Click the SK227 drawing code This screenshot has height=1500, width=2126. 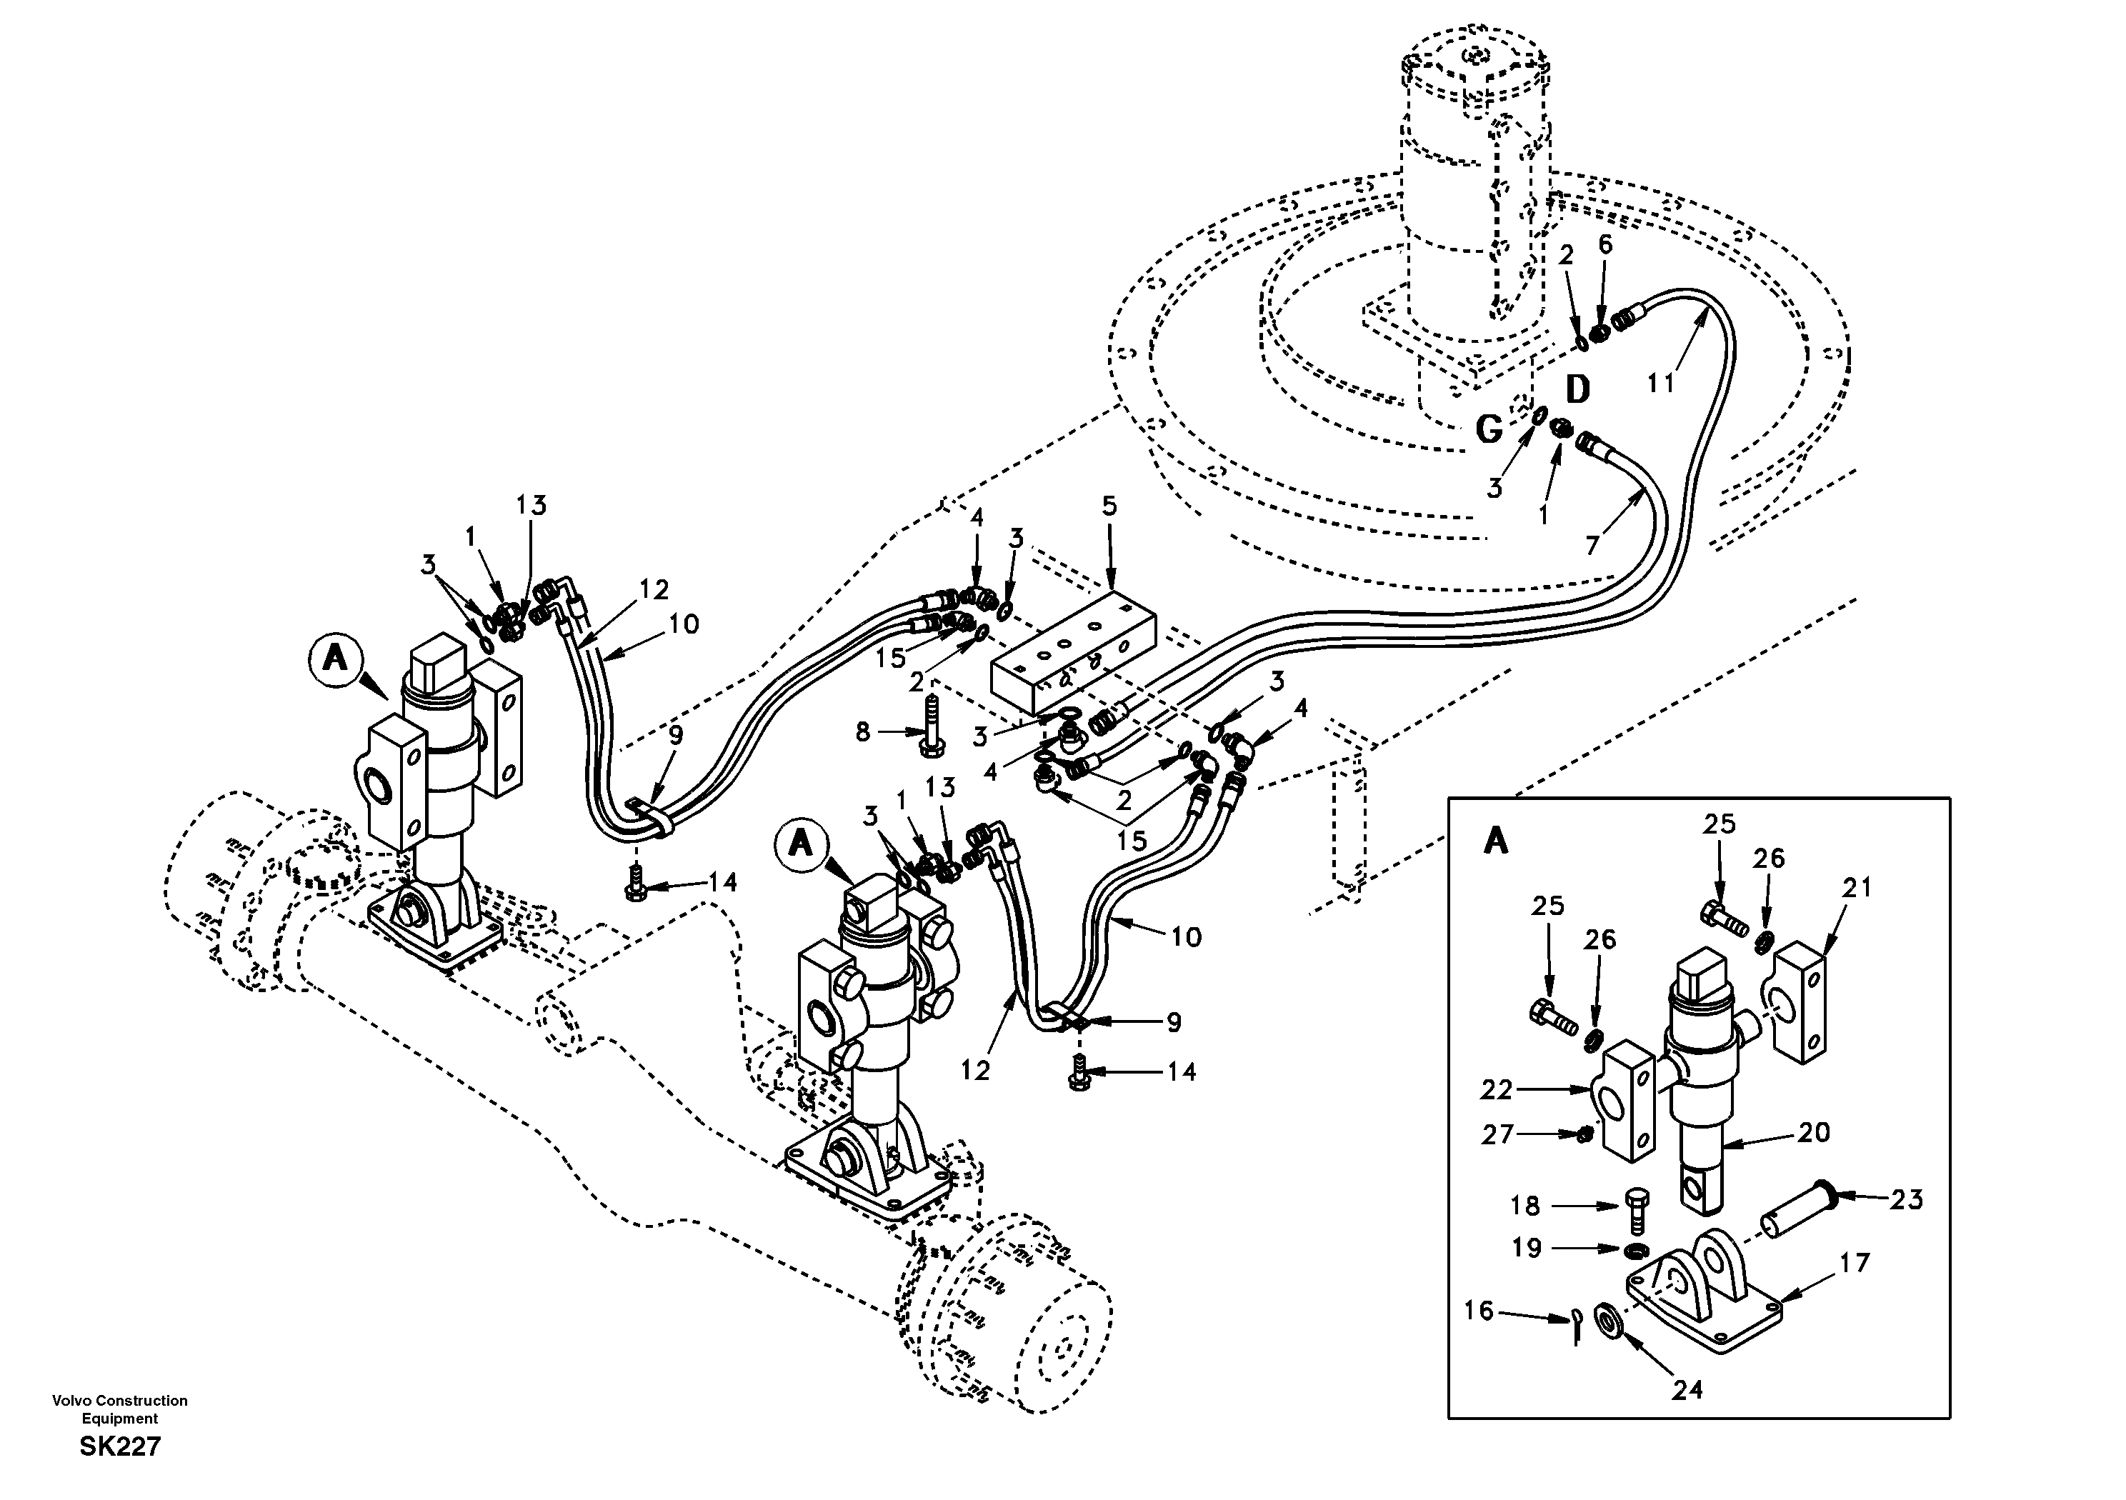coord(121,1446)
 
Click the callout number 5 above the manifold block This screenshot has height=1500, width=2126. coord(1109,506)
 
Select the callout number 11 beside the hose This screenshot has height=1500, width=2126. coord(1662,382)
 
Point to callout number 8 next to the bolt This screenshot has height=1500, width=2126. coord(863,732)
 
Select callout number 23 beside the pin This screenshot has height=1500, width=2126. coord(1907,1200)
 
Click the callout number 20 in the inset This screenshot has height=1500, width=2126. coord(1814,1132)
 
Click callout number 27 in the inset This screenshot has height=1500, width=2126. coord(1497,1134)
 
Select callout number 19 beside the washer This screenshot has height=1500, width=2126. coord(1526,1248)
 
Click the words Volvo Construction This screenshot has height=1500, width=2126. coord(121,1401)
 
